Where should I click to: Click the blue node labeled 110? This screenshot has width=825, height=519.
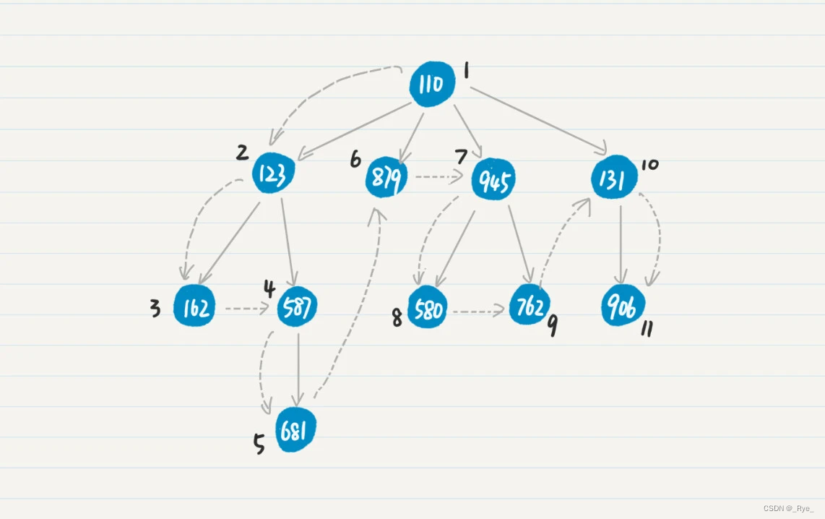click(x=432, y=85)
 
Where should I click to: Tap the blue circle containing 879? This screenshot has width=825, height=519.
click(x=386, y=178)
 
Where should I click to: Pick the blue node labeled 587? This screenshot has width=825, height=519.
click(x=298, y=307)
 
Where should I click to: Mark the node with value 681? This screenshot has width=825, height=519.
click(x=295, y=432)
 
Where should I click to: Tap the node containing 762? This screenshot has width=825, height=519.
click(x=530, y=306)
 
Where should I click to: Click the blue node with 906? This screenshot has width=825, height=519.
click(x=622, y=307)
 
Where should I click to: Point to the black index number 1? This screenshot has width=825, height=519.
click(x=467, y=70)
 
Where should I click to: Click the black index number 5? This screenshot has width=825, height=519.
click(x=259, y=444)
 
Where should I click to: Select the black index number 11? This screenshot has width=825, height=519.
click(x=647, y=330)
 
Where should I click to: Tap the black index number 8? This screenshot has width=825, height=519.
click(x=397, y=318)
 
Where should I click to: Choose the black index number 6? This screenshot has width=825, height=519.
click(x=355, y=159)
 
